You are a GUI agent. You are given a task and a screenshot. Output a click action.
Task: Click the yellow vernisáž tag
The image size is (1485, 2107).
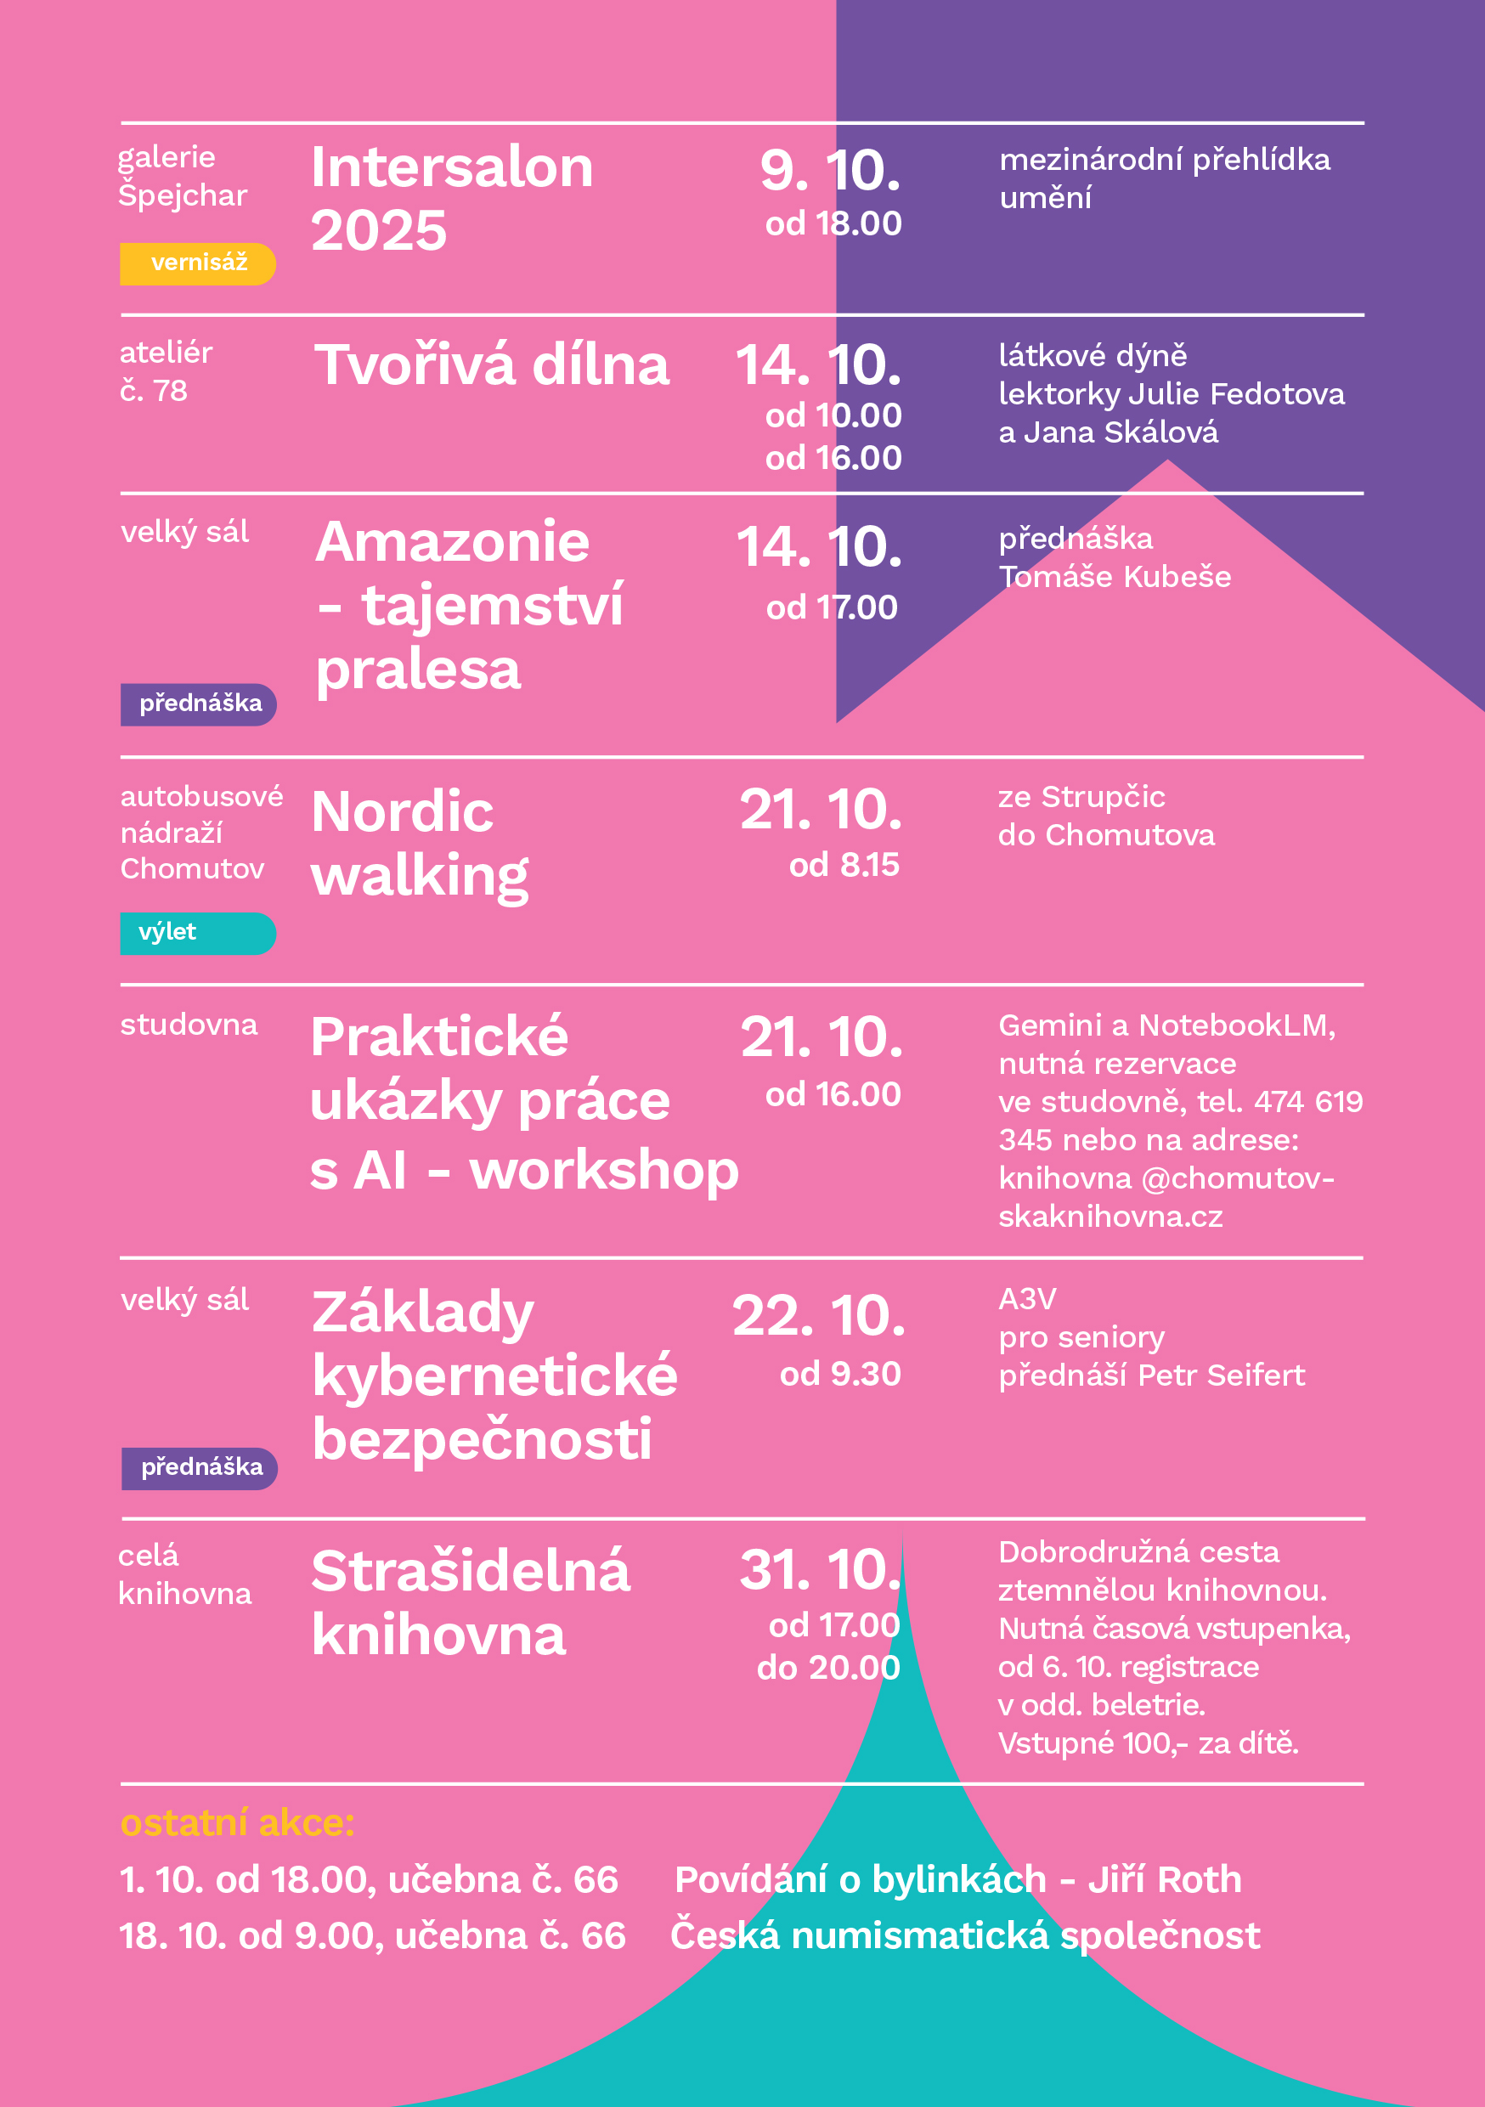point(197,263)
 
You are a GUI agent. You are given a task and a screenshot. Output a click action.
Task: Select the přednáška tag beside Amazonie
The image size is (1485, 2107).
point(198,703)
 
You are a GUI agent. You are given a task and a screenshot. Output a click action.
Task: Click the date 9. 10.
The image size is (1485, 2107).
point(830,171)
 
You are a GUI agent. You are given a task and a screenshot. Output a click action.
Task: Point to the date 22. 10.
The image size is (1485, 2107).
point(819,1315)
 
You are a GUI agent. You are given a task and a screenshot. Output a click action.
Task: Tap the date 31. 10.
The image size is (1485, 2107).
point(820,1569)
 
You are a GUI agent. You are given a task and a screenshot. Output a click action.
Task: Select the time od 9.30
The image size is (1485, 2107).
point(840,1374)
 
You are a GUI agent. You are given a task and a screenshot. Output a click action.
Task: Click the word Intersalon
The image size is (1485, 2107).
point(452,168)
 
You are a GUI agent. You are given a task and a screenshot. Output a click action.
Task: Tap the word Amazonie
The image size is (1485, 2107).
point(452,541)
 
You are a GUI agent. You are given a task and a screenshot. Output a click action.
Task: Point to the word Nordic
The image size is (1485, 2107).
point(402,812)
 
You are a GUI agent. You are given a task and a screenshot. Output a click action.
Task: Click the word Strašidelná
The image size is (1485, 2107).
point(470,1571)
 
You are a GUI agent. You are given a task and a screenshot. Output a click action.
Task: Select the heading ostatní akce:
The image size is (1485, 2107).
point(237,1822)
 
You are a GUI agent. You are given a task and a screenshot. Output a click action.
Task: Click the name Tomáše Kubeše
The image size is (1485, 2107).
point(1115,576)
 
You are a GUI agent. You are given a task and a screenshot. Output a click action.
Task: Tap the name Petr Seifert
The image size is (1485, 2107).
point(1221,1375)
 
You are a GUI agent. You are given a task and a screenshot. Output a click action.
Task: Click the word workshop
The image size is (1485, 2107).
point(603,1170)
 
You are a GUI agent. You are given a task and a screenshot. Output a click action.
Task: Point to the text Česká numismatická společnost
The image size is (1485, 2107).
point(964,1935)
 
